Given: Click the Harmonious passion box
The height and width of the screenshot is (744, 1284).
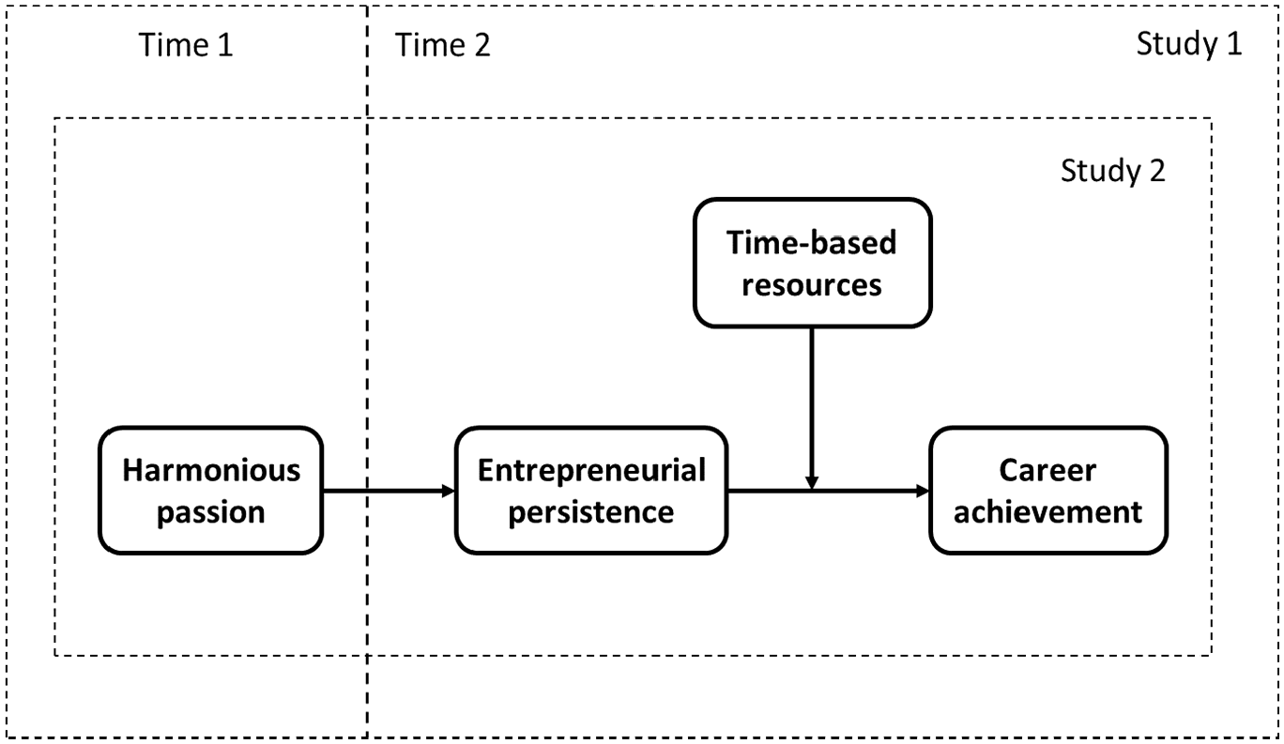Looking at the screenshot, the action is click(x=210, y=491).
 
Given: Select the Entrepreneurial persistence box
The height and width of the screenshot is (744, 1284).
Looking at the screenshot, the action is click(x=591, y=491).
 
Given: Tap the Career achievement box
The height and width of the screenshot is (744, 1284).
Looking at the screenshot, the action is click(x=1048, y=491).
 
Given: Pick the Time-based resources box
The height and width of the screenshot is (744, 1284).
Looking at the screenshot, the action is click(x=812, y=263).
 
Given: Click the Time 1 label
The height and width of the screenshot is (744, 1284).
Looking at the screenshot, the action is click(x=186, y=45).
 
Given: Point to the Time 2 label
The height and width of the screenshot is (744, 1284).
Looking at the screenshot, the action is click(x=442, y=45).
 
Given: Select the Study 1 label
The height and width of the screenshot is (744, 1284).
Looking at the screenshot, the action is click(x=1189, y=44).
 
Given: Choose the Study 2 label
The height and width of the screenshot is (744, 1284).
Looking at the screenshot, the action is click(x=1112, y=171).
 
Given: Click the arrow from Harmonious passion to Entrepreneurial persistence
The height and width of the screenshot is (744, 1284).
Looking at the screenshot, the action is click(x=390, y=491).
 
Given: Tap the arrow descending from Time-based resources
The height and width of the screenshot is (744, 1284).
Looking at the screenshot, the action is click(x=812, y=409).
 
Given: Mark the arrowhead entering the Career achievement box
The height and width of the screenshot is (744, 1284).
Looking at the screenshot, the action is click(x=923, y=491).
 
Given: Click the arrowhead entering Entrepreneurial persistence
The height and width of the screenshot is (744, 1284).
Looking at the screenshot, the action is click(x=449, y=491).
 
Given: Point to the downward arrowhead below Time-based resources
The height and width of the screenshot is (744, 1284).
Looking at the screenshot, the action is click(x=812, y=483).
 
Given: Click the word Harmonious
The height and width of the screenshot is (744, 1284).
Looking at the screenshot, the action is click(x=211, y=471).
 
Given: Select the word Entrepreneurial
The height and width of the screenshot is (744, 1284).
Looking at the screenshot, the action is click(x=591, y=471).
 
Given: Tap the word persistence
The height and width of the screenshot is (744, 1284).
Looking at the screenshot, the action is click(x=591, y=512).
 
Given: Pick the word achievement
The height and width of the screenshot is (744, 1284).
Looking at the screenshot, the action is click(x=1048, y=512).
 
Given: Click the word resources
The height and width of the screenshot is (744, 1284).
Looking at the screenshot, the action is click(x=812, y=285).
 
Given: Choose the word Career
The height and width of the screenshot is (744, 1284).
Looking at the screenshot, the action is click(x=1047, y=471).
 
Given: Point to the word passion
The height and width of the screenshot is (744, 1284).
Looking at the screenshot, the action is click(x=211, y=512).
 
